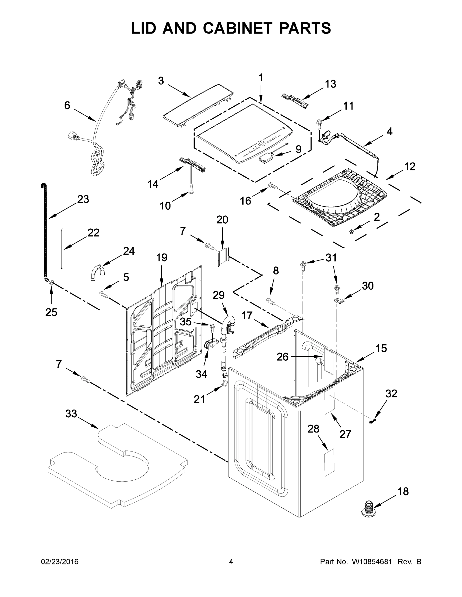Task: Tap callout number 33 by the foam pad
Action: pos(71,414)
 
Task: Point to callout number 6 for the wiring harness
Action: pos(67,105)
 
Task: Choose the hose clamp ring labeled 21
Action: pos(224,384)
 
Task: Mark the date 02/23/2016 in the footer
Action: pos(60,562)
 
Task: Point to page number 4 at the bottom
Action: pos(231,562)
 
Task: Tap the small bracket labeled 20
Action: pos(224,256)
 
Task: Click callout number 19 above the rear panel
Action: pos(161,257)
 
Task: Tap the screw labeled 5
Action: pos(103,295)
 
